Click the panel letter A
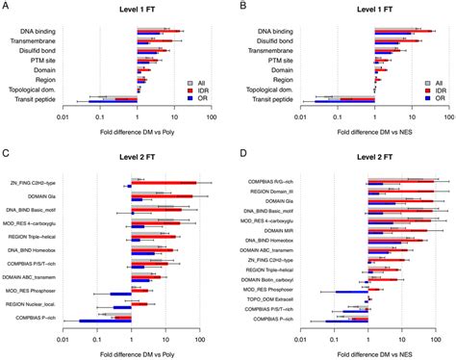7,8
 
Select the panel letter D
243,153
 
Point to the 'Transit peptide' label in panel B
267,98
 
